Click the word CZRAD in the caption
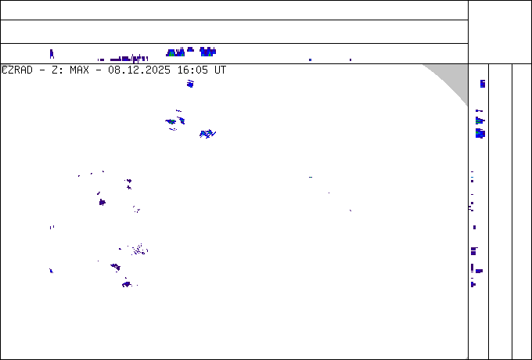17,70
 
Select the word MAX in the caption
79,70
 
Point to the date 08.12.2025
139,70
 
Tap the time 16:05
191,70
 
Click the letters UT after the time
220,70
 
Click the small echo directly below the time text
190,84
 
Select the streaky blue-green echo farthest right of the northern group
207,134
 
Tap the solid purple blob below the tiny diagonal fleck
102,203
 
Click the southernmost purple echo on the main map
127,284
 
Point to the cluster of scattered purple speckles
139,250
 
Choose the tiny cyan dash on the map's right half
311,177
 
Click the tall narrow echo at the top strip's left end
52,54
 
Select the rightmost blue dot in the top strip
350,60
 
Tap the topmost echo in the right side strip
483,84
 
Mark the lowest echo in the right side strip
473,284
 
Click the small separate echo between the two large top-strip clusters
190,49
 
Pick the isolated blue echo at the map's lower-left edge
51,271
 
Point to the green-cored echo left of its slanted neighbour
171,121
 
